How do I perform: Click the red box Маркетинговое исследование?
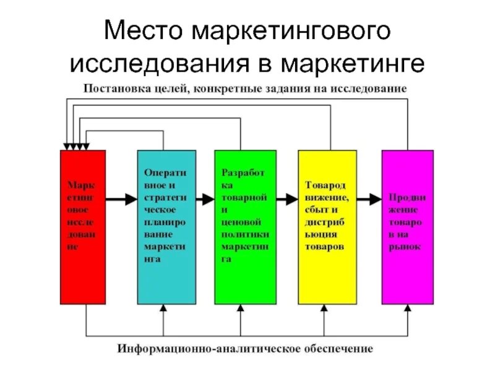tap(83, 227)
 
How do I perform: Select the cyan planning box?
tap(166, 227)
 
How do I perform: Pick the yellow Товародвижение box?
tap(327, 227)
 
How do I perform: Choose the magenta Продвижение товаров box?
tap(407, 227)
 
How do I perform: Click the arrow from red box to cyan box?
tap(121, 199)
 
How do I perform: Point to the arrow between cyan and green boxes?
tap(205, 199)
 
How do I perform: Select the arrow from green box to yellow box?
tap(286, 199)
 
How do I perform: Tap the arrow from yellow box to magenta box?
tap(369, 199)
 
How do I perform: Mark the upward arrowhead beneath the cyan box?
tap(163, 309)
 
